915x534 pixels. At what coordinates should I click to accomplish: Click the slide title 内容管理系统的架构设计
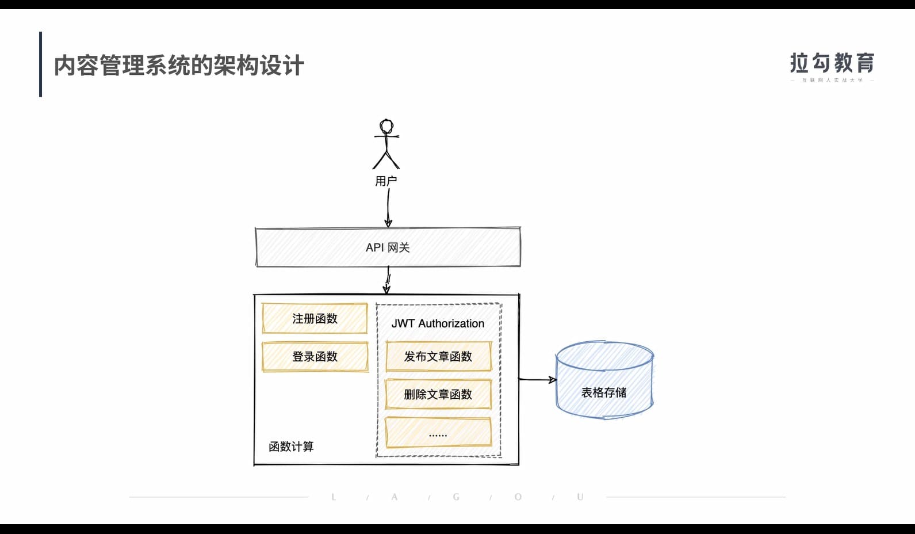[179, 66]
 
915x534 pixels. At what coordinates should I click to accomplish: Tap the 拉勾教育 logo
[832, 63]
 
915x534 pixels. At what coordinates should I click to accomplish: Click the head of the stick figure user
[386, 126]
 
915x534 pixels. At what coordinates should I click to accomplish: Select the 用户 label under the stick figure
[386, 181]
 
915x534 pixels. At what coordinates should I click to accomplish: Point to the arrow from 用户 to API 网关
[388, 207]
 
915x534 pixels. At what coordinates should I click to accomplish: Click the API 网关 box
[388, 247]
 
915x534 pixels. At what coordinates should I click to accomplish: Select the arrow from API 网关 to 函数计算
[388, 280]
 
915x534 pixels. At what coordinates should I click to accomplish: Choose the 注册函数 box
[315, 319]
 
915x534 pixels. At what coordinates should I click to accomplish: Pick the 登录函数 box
[315, 357]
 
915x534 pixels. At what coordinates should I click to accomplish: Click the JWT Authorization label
[438, 323]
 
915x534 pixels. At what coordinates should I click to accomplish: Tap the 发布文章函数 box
[438, 357]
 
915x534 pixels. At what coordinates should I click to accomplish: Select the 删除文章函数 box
[438, 395]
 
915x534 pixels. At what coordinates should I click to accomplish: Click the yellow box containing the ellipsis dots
[438, 433]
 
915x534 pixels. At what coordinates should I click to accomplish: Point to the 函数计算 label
[291, 447]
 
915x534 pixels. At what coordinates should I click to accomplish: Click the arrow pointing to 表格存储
[537, 380]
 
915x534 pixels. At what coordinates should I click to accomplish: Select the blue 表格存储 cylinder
[604, 380]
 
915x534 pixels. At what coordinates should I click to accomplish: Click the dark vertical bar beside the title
[40, 64]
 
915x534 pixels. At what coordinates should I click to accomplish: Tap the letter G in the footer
[456, 497]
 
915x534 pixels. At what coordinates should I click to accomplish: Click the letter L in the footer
[334, 497]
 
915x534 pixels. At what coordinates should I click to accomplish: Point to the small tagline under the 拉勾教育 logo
[832, 81]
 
